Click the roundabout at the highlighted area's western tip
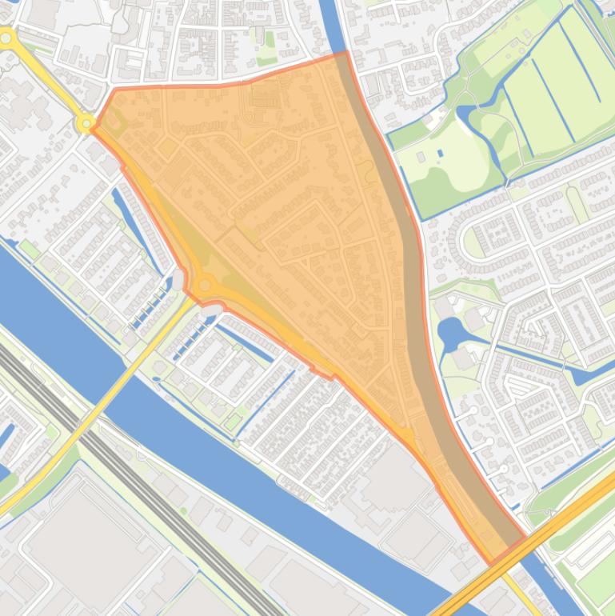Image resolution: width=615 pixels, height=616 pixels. pos(86,123)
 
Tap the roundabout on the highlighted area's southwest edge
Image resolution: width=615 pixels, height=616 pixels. pos(205,285)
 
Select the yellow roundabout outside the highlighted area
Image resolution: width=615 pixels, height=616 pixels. pos(7,38)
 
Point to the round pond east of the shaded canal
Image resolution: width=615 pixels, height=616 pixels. pos(450,332)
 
